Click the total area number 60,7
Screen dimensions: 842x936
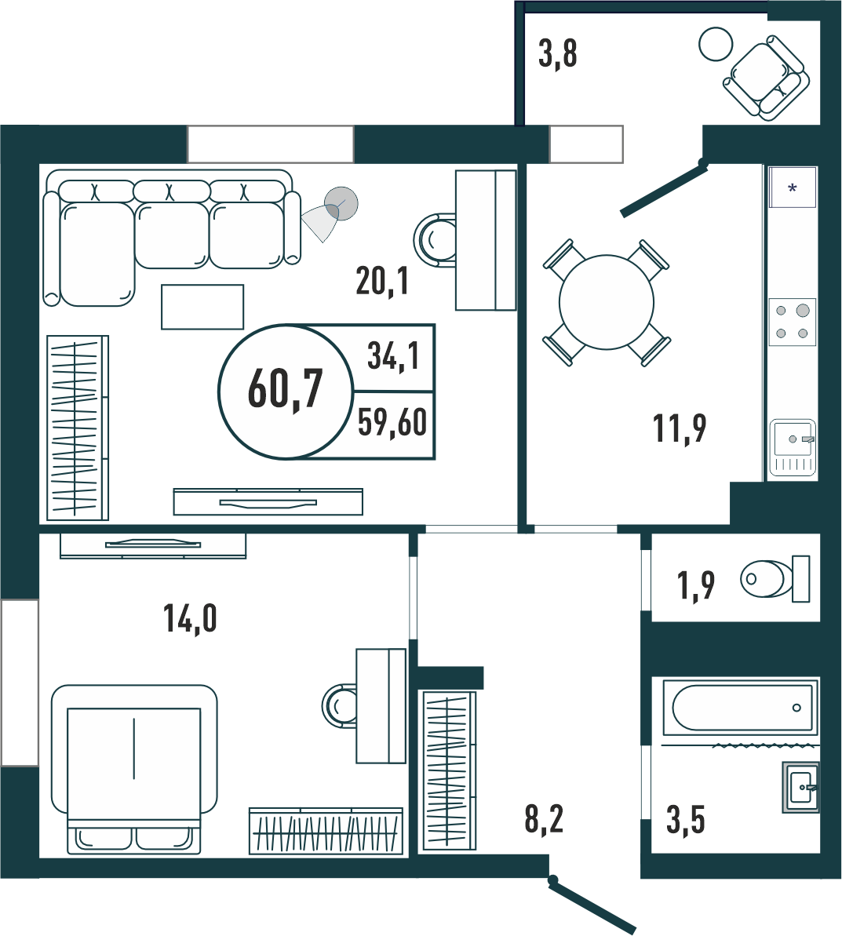[x=286, y=388]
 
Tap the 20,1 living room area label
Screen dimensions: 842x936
[x=382, y=281]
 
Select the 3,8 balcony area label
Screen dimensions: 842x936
[x=558, y=53]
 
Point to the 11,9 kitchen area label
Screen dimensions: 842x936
[x=680, y=428]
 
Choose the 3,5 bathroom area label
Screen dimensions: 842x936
[x=686, y=820]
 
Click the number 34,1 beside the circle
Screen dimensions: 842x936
[x=393, y=356]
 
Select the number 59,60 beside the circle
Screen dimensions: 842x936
[x=392, y=422]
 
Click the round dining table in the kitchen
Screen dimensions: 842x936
[x=606, y=303]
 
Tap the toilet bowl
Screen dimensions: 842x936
[x=775, y=578]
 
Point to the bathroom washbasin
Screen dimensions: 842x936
[x=800, y=787]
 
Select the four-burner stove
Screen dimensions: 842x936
[x=793, y=322]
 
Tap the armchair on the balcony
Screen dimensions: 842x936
[x=767, y=78]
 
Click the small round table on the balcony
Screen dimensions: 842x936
[x=716, y=44]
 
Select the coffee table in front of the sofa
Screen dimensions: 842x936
[x=202, y=307]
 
